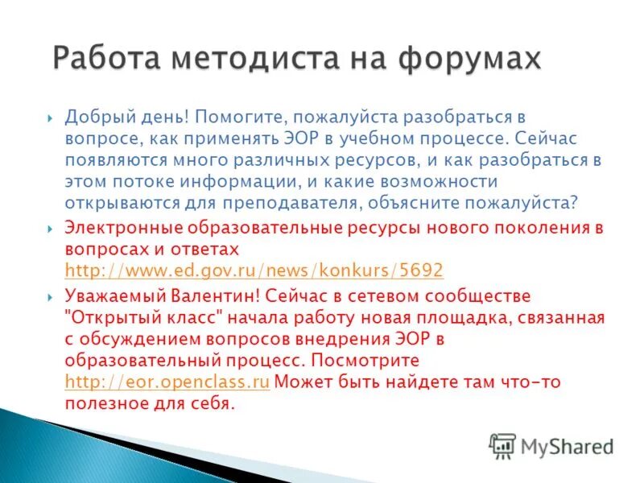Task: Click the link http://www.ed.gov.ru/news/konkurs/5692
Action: point(254,270)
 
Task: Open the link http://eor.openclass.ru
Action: point(167,382)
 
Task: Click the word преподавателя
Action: point(316,201)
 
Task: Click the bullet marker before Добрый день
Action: point(51,118)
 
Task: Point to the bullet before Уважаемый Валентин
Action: point(51,297)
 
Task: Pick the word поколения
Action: point(545,229)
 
